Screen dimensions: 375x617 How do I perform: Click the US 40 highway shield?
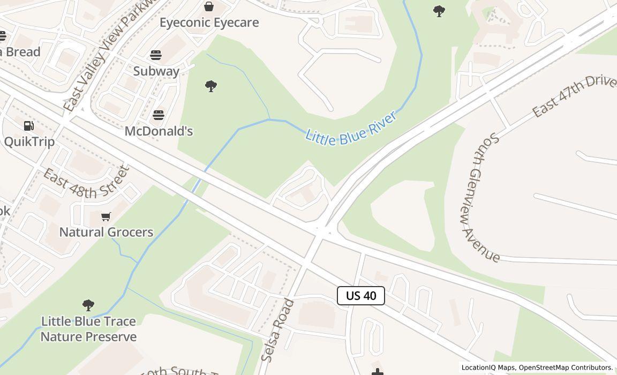(361, 296)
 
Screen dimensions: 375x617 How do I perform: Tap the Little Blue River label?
(351, 128)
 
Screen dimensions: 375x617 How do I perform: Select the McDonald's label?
(159, 131)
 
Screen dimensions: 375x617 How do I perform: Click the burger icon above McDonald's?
(159, 115)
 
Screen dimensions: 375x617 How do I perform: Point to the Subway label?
(156, 71)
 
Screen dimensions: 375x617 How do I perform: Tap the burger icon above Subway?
(156, 55)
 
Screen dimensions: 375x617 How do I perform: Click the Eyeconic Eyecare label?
(209, 22)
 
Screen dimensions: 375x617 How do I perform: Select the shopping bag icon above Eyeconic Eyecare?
(209, 6)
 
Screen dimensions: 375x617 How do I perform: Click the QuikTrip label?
(29, 141)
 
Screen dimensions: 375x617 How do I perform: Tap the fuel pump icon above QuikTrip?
(29, 126)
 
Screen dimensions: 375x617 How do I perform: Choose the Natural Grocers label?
(106, 232)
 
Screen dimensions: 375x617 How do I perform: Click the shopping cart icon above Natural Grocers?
(106, 216)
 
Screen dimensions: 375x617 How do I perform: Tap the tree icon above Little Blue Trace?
(88, 305)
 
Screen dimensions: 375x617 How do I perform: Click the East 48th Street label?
(86, 182)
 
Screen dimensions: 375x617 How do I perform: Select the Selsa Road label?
(277, 330)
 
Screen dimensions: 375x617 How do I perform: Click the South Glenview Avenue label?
(480, 197)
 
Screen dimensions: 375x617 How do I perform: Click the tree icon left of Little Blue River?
(211, 86)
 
